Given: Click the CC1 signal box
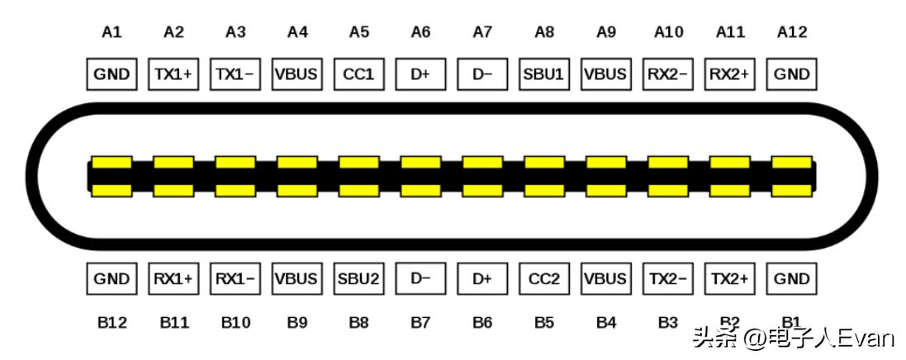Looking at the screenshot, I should click(x=358, y=74).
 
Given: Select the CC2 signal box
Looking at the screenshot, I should click(x=543, y=279).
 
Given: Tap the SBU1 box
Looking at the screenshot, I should click(x=543, y=74).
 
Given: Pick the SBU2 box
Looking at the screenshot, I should click(x=358, y=279).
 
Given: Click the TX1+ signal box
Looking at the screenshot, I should click(x=173, y=74).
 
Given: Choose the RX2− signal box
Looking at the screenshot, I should click(x=667, y=74).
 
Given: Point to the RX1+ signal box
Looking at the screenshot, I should click(x=173, y=279).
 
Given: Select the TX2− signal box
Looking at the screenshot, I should click(x=667, y=279).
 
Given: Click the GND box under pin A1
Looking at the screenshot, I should click(x=111, y=74).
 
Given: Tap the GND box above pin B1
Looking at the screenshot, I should click(x=791, y=279).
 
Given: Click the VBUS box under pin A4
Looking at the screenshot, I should click(x=296, y=74).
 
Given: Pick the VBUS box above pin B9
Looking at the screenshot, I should click(x=296, y=279).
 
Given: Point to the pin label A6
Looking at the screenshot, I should click(x=420, y=32).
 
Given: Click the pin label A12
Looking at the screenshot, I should click(x=791, y=32).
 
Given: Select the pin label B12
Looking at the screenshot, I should click(x=111, y=322).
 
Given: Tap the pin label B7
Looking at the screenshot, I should click(x=420, y=322).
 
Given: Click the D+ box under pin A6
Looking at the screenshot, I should click(x=420, y=74).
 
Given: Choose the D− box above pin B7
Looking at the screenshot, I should click(x=420, y=279).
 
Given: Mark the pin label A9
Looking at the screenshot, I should click(x=605, y=32).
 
